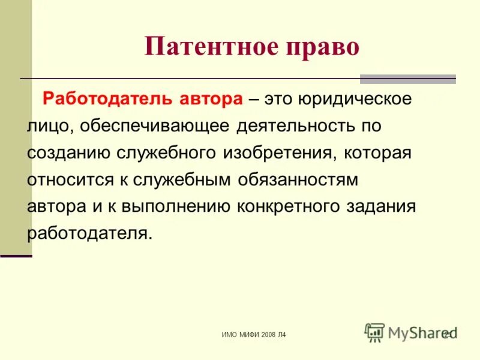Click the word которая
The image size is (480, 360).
[x=377, y=153]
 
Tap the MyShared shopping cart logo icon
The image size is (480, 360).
[x=374, y=332]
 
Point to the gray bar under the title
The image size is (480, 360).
[x=407, y=79]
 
